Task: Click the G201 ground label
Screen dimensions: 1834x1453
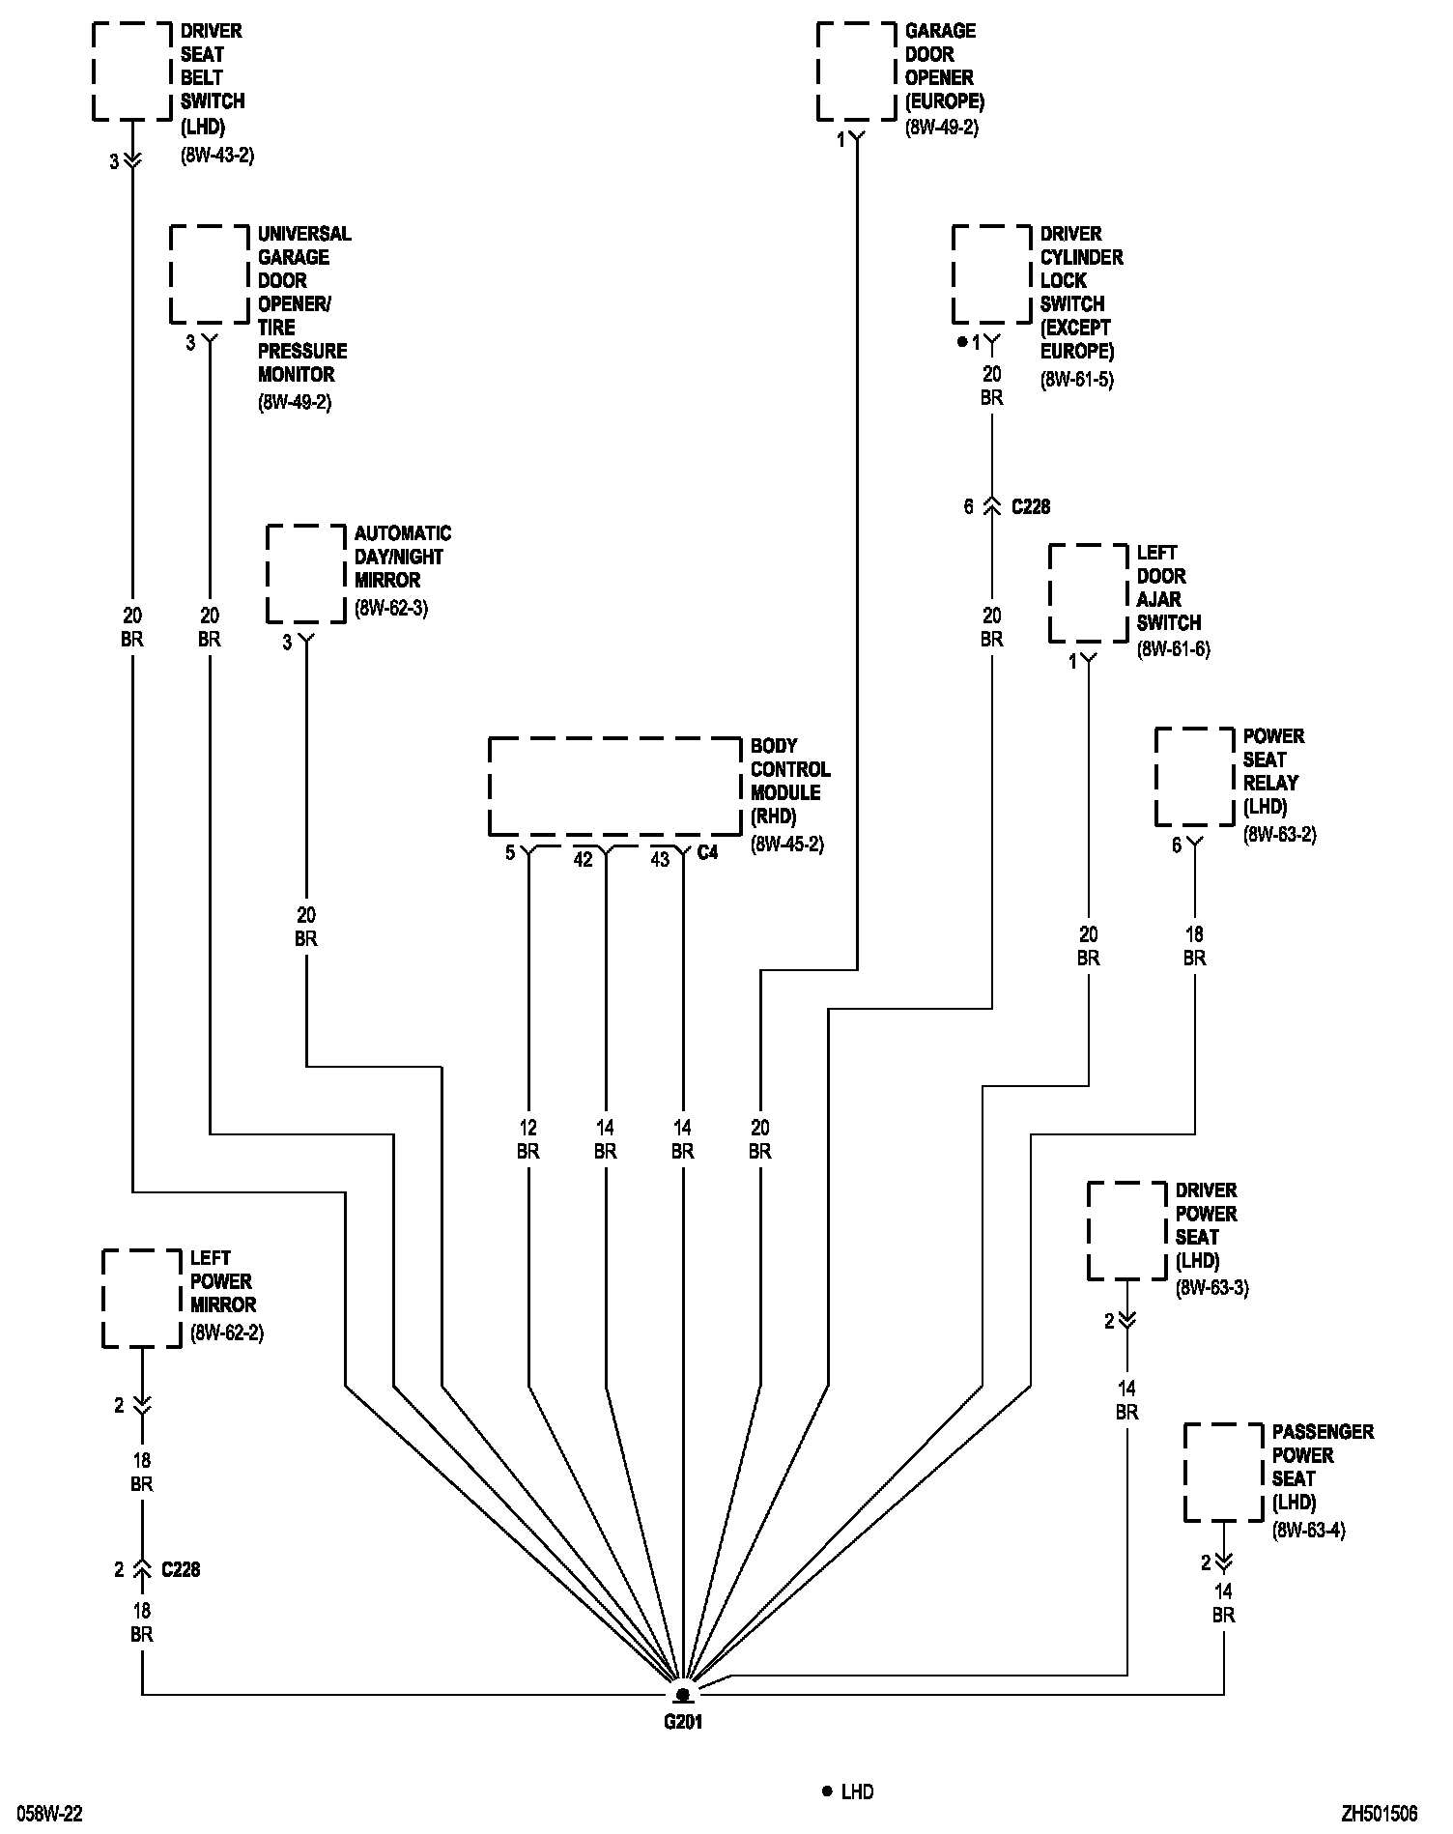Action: pos(682,1721)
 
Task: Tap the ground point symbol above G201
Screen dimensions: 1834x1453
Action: pos(682,1695)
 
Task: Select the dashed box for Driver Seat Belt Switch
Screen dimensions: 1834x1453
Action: pos(131,72)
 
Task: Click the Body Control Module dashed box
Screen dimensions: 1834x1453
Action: pos(614,787)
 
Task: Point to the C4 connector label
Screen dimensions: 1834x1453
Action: pos(707,853)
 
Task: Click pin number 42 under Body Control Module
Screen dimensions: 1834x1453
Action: pos(583,859)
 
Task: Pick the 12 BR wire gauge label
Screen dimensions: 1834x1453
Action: pos(527,1139)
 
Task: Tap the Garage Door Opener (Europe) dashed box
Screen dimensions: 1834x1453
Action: pos(856,72)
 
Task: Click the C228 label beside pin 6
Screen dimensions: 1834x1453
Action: pos(1030,506)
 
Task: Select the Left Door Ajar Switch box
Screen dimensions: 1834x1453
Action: pos(1088,593)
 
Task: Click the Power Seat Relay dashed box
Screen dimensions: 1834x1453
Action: pos(1194,777)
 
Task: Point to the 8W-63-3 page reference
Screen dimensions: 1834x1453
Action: pos(1211,1288)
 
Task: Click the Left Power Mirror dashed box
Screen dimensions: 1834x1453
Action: pos(141,1299)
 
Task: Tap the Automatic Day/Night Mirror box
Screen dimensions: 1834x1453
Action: pos(305,574)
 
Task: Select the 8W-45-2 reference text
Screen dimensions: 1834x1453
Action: pos(786,844)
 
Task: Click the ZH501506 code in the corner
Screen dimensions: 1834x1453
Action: pos(1379,1814)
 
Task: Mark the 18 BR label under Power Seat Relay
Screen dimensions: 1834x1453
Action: pos(1194,946)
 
